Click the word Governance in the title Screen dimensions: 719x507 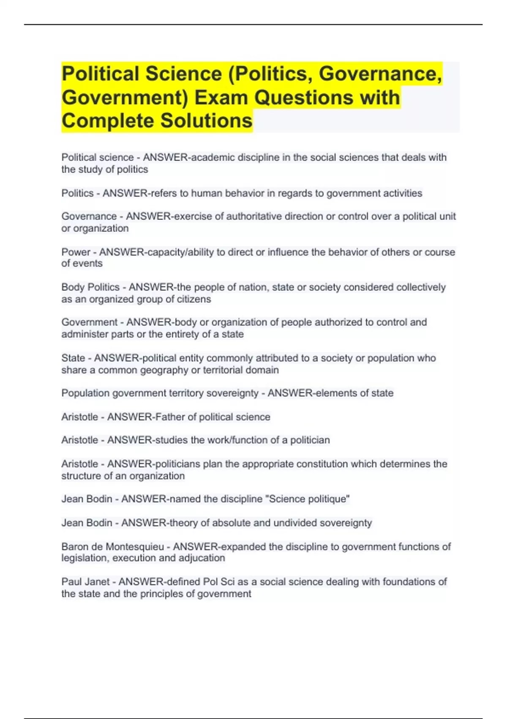(378, 74)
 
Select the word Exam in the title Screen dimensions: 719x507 (221, 98)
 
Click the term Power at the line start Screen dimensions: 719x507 (76, 252)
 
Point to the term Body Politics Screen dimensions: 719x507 (90, 287)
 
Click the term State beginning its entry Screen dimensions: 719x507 (73, 358)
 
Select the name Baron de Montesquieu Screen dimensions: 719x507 (112, 547)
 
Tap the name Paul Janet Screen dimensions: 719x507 (85, 582)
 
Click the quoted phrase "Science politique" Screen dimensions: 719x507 (308, 499)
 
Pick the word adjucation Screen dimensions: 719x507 (202, 558)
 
